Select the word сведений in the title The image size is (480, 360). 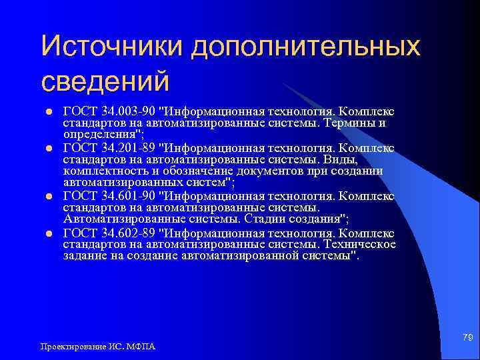(x=105, y=83)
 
